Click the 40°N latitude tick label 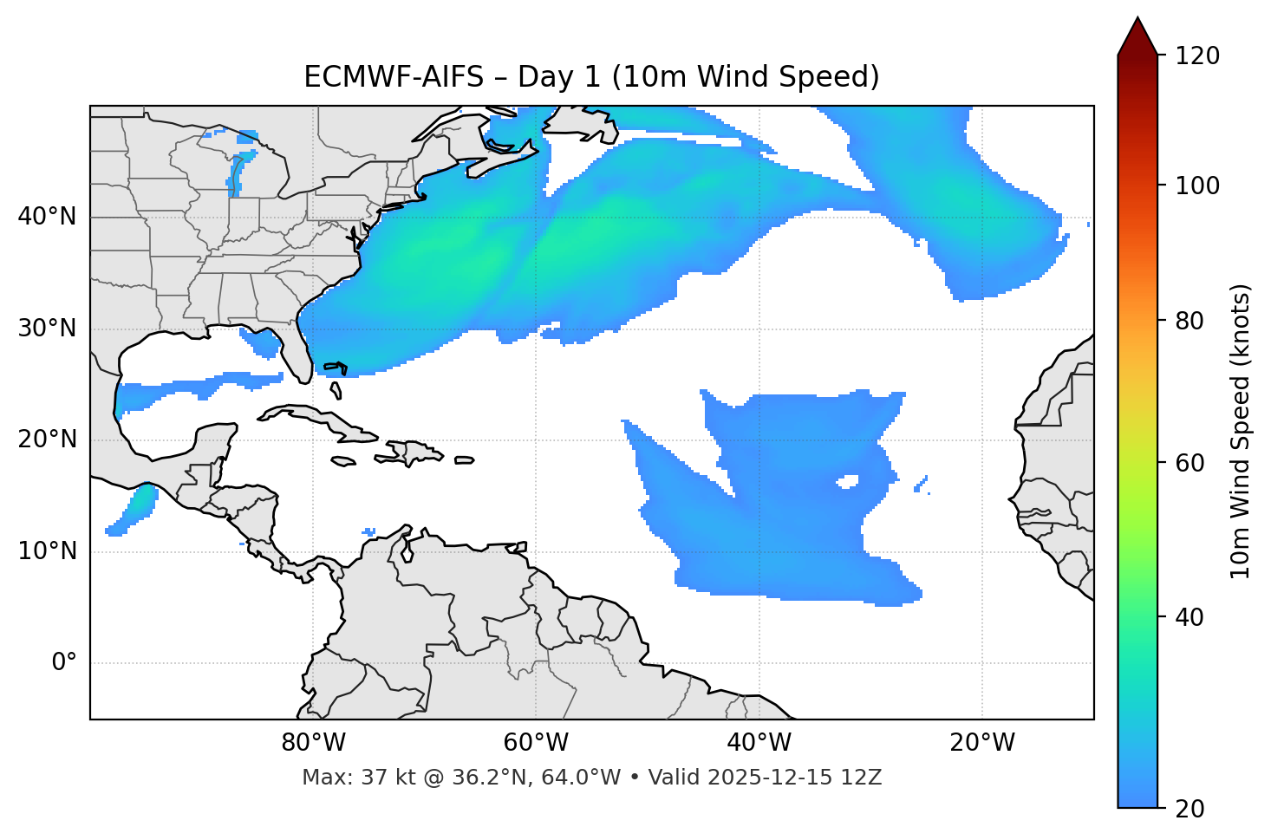47,217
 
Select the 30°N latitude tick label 47,329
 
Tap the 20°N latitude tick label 47,440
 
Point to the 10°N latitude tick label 47,551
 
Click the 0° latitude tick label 63,663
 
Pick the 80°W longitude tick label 313,743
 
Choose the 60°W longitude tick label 536,743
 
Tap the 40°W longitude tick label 759,743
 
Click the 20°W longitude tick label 982,743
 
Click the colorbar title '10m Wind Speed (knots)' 1241,431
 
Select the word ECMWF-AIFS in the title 394,77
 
